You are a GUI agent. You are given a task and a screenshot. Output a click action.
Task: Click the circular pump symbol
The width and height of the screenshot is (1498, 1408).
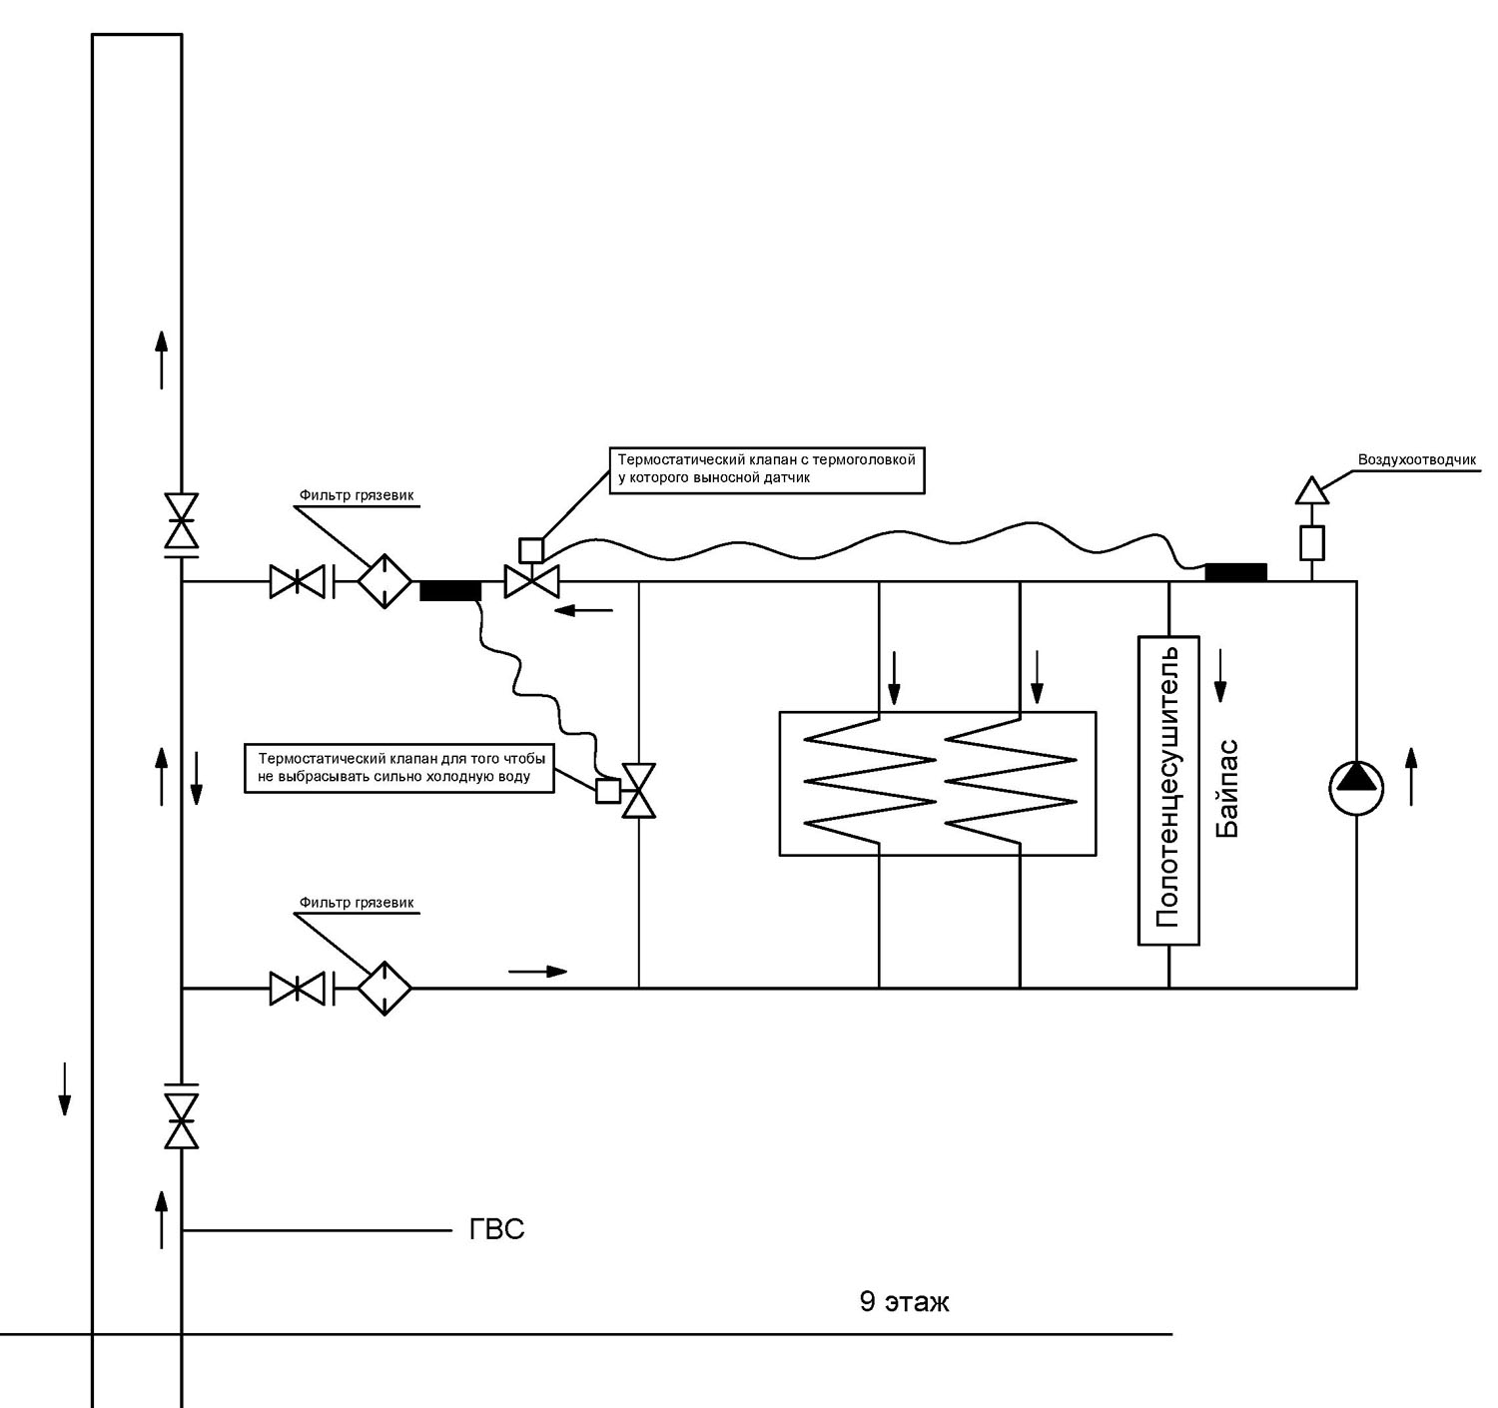(1356, 788)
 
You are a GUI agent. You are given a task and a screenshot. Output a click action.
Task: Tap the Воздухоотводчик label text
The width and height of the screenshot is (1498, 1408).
(1416, 459)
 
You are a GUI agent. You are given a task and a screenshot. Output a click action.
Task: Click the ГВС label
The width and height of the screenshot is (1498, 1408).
(496, 1230)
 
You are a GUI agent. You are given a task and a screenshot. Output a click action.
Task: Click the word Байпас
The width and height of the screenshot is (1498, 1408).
(1227, 789)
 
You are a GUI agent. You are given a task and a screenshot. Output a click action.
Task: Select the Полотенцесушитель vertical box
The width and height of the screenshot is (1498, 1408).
(1168, 790)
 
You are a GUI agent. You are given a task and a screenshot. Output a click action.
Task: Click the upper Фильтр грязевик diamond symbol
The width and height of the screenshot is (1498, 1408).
(384, 581)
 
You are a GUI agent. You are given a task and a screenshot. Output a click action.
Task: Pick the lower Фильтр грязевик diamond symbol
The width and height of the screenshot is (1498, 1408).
(384, 988)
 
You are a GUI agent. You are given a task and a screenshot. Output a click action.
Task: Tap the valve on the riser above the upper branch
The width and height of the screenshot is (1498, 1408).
(181, 521)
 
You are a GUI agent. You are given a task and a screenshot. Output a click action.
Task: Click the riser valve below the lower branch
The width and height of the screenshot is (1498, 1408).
(181, 1121)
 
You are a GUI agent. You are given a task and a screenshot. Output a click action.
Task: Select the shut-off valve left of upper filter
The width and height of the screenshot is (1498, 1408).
(298, 581)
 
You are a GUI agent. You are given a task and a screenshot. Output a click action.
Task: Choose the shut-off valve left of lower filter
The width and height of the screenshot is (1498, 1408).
(298, 988)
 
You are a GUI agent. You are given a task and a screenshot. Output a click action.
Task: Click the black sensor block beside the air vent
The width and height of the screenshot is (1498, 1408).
(1235, 573)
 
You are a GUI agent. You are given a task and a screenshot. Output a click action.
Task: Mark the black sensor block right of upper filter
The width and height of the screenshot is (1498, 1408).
(450, 591)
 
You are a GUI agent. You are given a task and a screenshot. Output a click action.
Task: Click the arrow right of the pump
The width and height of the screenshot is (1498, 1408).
(1411, 776)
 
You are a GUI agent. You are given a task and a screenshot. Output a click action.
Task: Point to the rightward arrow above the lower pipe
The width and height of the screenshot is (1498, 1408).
(538, 971)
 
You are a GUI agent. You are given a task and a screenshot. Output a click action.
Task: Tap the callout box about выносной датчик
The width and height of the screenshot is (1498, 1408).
(767, 470)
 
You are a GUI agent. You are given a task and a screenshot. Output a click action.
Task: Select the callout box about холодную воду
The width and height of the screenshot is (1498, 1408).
(399, 768)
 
